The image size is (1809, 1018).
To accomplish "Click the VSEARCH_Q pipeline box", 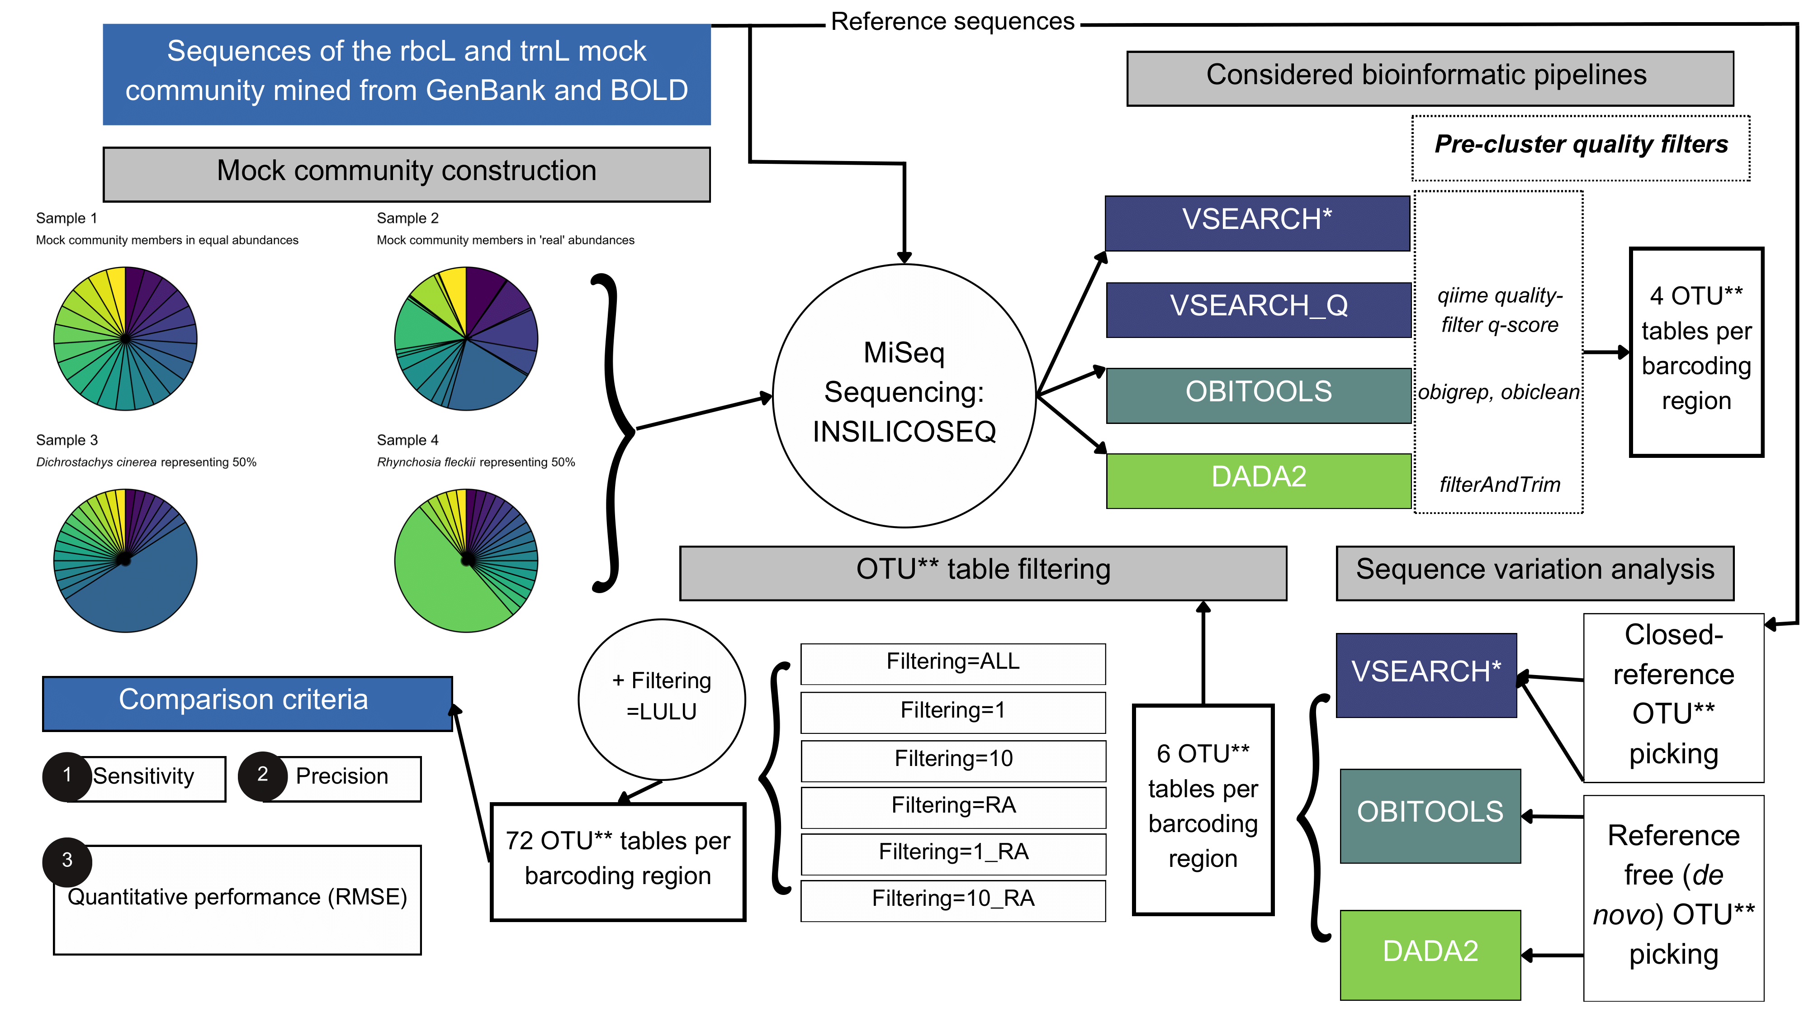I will click(x=1259, y=309).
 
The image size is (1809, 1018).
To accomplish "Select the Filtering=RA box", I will click(x=953, y=806).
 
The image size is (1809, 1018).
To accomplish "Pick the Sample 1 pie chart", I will click(x=125, y=338).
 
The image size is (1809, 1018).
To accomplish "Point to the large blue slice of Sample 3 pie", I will click(x=141, y=590).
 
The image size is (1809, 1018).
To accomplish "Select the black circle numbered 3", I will click(x=67, y=861).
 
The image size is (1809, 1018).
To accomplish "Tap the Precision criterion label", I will click(x=342, y=777).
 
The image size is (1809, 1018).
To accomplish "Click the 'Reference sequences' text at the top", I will click(x=952, y=22).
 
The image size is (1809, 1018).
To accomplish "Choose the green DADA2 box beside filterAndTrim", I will click(x=1259, y=480).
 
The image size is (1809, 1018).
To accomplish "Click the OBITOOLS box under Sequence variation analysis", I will click(x=1430, y=815).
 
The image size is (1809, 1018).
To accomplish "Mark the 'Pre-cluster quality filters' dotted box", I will click(x=1581, y=147).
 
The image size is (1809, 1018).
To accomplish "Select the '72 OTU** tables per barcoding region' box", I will click(x=617, y=860).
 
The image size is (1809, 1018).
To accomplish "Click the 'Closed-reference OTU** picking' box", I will click(x=1673, y=695).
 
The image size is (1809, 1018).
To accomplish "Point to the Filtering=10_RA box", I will click(x=953, y=899).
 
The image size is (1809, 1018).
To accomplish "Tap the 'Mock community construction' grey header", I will click(x=407, y=173).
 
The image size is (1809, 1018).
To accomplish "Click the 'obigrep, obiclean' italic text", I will click(x=1499, y=392).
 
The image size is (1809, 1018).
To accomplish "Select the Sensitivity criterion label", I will click(x=144, y=777).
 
